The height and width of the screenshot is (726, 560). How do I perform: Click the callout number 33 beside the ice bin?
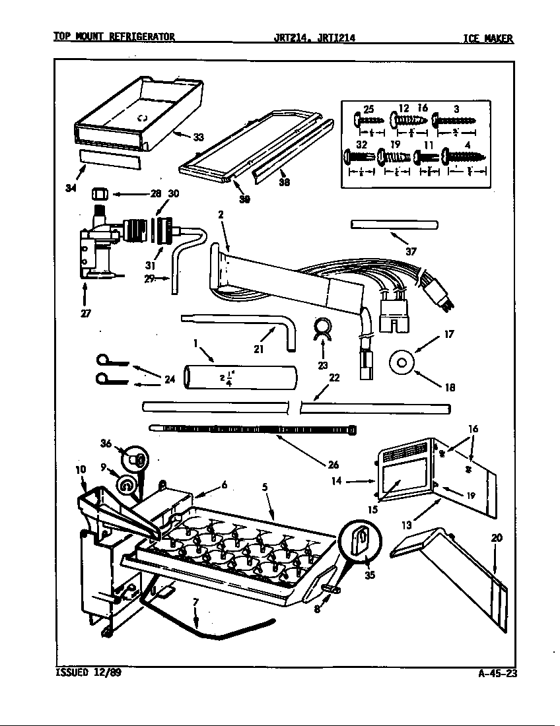(x=198, y=137)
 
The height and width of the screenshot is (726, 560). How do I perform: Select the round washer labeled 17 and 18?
(x=402, y=362)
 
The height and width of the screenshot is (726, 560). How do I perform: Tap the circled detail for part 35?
(x=359, y=542)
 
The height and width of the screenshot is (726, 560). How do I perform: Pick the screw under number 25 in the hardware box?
(x=367, y=121)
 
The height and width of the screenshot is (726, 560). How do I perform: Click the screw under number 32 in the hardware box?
(x=359, y=157)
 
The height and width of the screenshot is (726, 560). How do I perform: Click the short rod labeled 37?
(x=395, y=225)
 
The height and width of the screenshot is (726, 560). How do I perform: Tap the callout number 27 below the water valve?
(x=86, y=313)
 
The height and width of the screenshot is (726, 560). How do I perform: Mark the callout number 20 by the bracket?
(x=496, y=538)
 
